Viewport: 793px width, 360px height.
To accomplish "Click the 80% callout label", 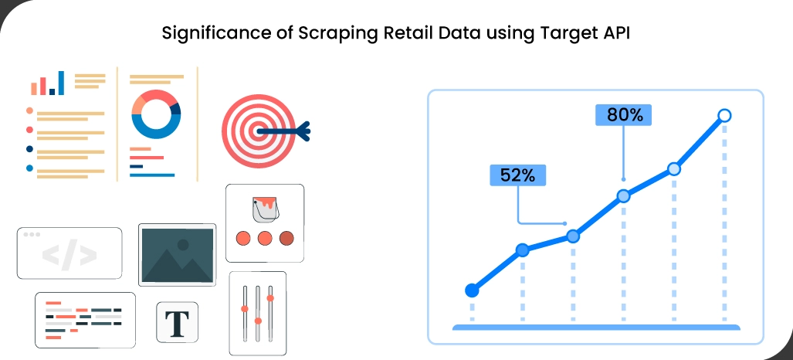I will [x=625, y=115].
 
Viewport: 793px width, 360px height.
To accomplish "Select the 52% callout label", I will [x=517, y=175].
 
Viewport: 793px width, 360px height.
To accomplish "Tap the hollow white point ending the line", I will [x=724, y=116].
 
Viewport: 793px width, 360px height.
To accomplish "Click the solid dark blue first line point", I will [x=472, y=290].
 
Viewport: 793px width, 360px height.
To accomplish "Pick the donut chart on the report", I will [x=156, y=114].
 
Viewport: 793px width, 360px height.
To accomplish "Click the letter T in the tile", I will [x=177, y=322].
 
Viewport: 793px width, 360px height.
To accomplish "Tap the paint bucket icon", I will [x=264, y=210].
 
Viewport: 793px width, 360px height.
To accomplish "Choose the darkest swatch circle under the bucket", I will [x=286, y=238].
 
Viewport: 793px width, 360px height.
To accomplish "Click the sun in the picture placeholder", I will [x=183, y=245].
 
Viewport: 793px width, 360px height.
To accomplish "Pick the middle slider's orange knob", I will [x=258, y=319].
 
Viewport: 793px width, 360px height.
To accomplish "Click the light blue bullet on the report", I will [x=29, y=168].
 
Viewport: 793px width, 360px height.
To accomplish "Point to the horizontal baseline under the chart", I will [x=595, y=328].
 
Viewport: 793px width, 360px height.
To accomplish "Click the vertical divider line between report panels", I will [x=117, y=124].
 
